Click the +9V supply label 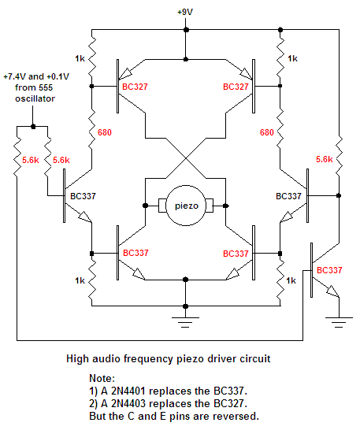click(185, 12)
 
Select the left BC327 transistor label click(135, 87)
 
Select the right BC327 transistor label click(236, 87)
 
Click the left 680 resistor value click(105, 132)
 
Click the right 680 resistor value click(267, 132)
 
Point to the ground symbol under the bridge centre click(185, 323)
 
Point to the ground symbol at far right click(339, 323)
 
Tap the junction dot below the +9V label click(186, 30)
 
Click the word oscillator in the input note click(35, 98)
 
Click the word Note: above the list click(102, 378)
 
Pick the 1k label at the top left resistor click(80, 58)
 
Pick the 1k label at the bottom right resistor click(291, 280)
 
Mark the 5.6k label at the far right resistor click(324, 159)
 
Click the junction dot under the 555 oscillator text click(33, 127)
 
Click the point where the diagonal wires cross click(186, 158)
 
